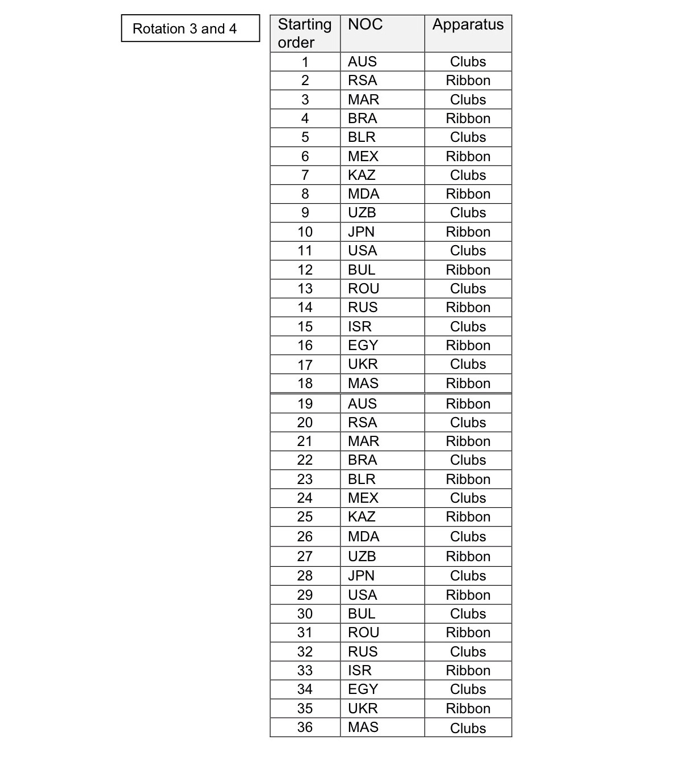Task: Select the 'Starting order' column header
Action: [305, 33]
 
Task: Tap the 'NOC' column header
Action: [365, 24]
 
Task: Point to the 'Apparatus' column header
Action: [468, 24]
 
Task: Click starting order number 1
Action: [305, 62]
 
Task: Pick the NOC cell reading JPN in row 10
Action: [361, 232]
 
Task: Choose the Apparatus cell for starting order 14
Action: [468, 308]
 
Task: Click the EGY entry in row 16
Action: [363, 346]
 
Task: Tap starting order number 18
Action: [305, 384]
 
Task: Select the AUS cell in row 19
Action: [362, 404]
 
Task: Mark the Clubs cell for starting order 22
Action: [468, 460]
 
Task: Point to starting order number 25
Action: [305, 517]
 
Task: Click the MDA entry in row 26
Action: [363, 537]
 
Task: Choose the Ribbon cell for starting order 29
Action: [468, 595]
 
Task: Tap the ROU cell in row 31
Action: [363, 633]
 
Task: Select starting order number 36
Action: [305, 727]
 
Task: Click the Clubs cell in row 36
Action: [468, 728]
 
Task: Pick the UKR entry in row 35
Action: [363, 709]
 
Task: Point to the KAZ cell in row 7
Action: [361, 175]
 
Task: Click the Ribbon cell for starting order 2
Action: [468, 81]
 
